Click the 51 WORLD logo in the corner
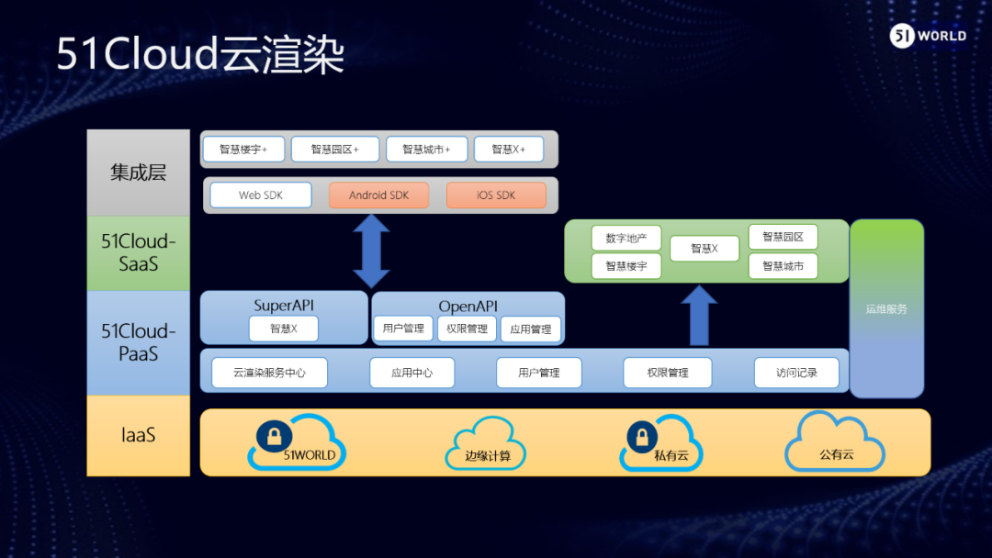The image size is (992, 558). (928, 36)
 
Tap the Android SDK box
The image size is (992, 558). (378, 195)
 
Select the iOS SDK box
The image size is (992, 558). (496, 195)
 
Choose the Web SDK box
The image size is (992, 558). (261, 195)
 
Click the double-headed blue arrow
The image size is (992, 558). (372, 251)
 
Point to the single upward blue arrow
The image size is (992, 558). (700, 315)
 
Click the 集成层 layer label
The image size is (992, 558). (139, 173)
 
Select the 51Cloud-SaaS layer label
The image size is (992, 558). (139, 252)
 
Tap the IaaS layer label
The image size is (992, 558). (139, 435)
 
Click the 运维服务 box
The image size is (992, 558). (886, 308)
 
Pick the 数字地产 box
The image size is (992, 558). (626, 239)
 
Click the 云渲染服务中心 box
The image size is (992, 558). (269, 373)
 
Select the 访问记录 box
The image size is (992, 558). (796, 373)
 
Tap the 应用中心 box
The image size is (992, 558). (411, 373)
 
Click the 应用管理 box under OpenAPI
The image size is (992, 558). (531, 329)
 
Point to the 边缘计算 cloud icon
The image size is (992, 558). (481, 444)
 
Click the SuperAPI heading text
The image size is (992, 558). (285, 305)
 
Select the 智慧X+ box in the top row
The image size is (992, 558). (509, 149)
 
